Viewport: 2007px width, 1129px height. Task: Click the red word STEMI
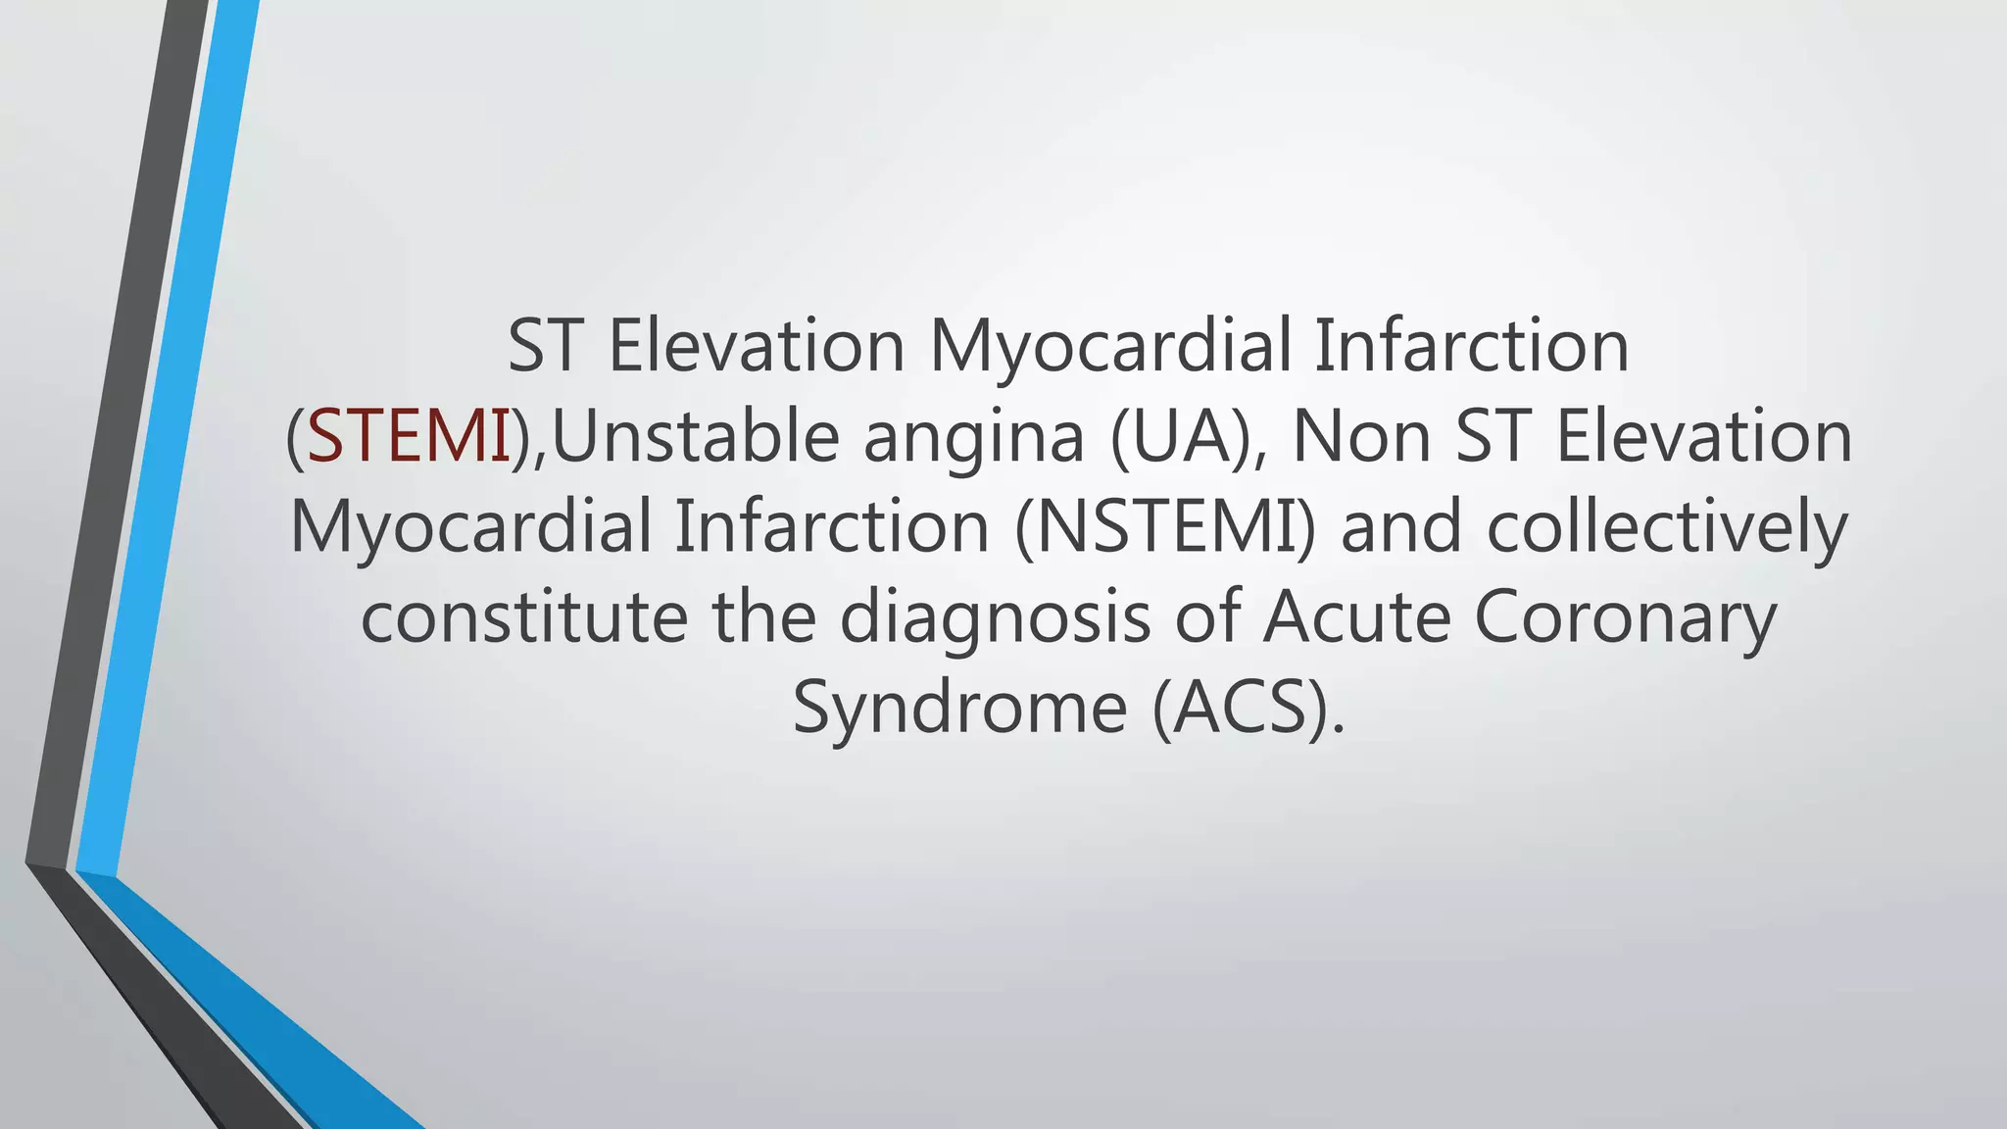(x=409, y=436)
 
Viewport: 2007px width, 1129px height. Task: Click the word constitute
(x=524, y=617)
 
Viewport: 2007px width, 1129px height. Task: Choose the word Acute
(x=1356, y=617)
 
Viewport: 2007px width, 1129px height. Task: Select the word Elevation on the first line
(x=757, y=346)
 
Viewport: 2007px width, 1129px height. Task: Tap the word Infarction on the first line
(x=1470, y=346)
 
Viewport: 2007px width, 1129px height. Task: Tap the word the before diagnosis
(x=764, y=617)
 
